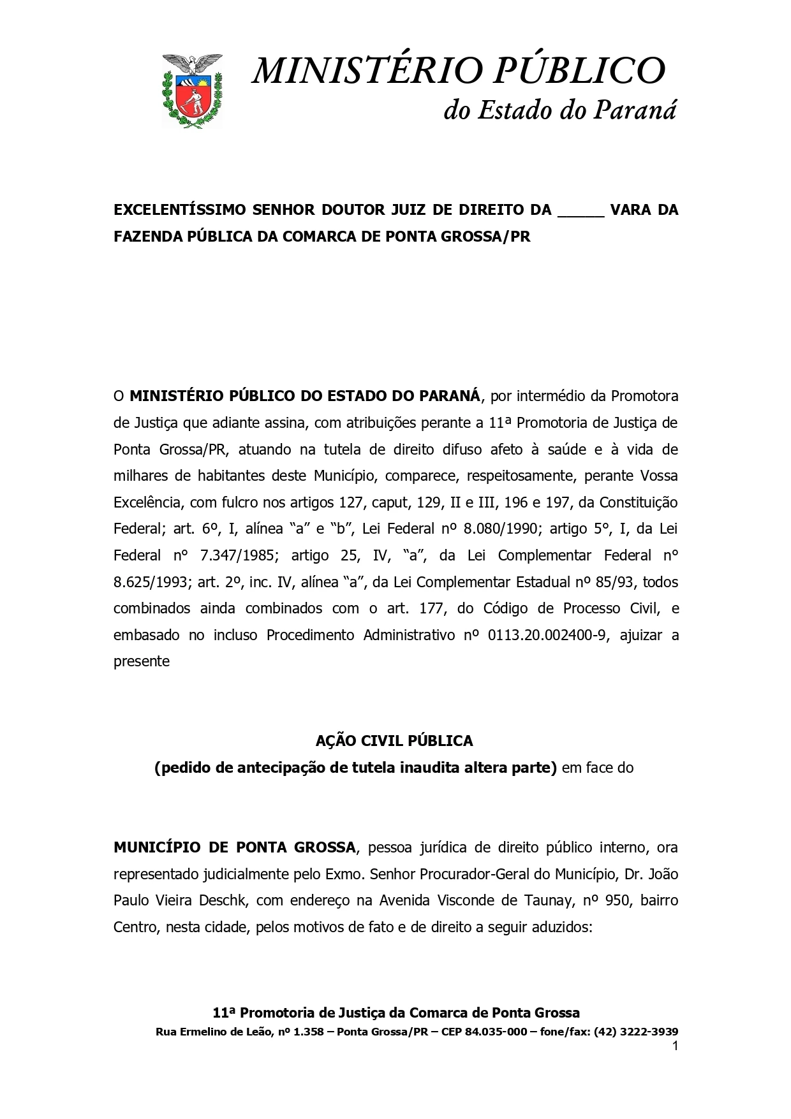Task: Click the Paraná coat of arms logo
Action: pyautogui.click(x=193, y=91)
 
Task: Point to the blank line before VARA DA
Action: pyautogui.click(x=580, y=210)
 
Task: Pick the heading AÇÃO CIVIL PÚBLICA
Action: pyautogui.click(x=394, y=741)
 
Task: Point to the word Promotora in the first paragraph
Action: pyautogui.click(x=644, y=396)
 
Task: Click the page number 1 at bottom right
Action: pyautogui.click(x=675, y=1046)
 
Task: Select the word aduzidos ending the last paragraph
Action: pyautogui.click(x=565, y=927)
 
